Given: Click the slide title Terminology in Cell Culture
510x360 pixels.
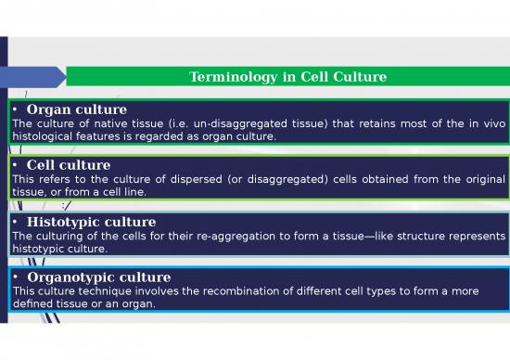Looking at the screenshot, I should coord(287,76).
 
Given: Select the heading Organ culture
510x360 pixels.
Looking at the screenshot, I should coord(77,109).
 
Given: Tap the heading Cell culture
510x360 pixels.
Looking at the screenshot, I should coord(69,165).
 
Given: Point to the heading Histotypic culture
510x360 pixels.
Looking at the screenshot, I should coord(91,223).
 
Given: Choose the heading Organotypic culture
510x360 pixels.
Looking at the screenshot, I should coord(99,277).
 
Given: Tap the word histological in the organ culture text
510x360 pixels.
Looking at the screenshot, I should coord(51,136).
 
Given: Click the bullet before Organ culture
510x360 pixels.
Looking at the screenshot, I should coord(17,110).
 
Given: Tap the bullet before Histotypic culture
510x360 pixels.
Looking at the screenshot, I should coord(17,223).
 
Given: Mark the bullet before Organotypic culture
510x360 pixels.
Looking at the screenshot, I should coord(17,277).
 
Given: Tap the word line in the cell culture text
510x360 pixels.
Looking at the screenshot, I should coord(134,192).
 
